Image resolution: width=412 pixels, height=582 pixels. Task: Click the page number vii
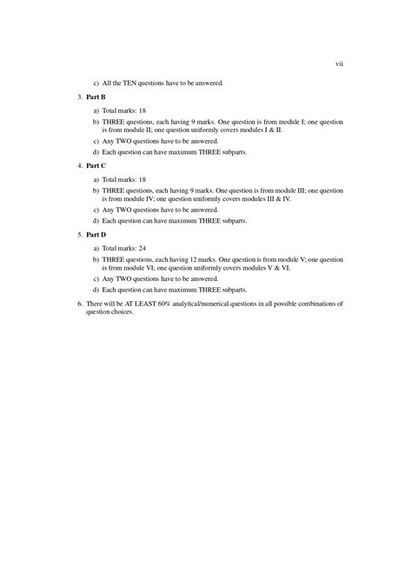point(340,64)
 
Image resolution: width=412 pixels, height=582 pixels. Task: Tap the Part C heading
point(94,164)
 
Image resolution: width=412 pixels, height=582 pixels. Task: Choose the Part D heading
point(94,234)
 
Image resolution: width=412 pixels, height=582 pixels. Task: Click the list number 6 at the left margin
point(78,303)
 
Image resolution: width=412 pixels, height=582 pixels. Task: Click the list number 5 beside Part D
point(78,234)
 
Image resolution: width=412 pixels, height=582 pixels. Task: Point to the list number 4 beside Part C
point(78,164)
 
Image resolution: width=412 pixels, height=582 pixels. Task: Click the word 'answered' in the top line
point(207,83)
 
